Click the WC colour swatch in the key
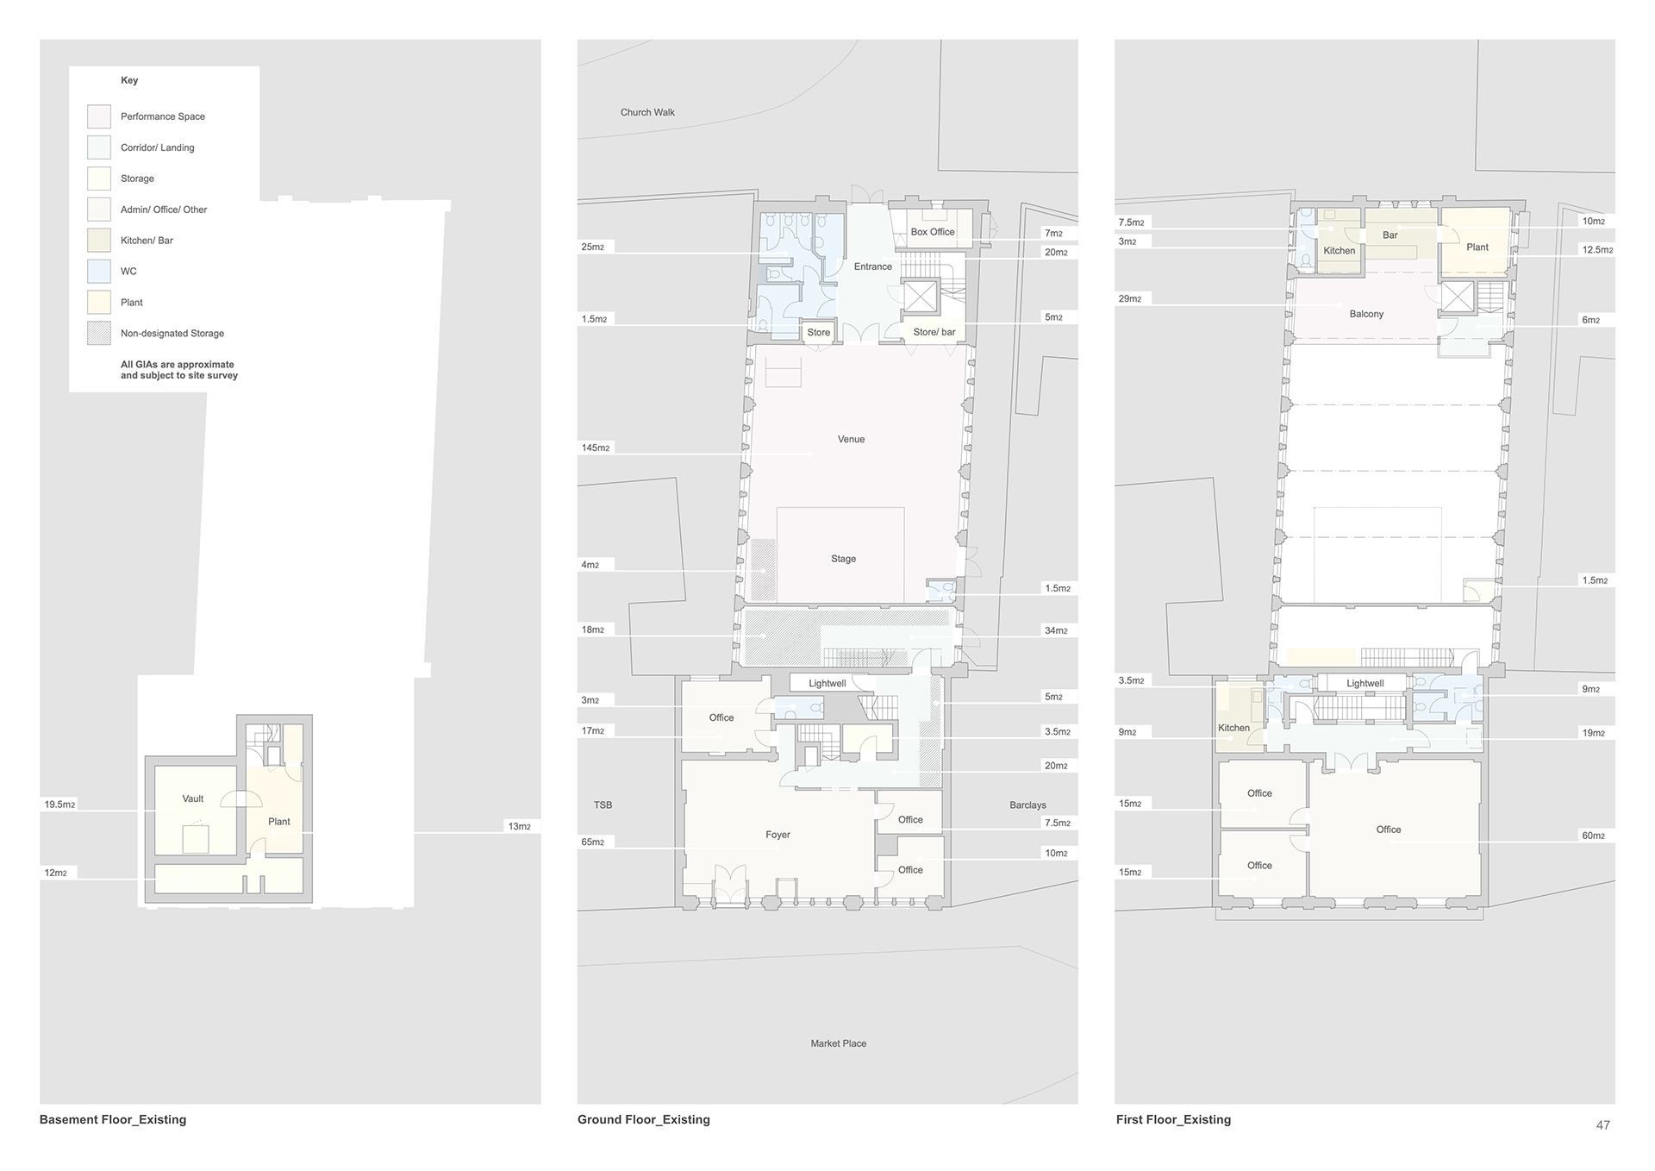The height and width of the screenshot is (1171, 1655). click(x=99, y=272)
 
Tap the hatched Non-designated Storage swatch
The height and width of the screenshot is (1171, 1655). click(x=99, y=334)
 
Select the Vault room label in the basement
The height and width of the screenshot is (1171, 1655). click(x=193, y=799)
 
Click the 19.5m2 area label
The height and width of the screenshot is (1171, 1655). click(x=60, y=805)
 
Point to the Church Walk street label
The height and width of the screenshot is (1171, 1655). click(x=647, y=112)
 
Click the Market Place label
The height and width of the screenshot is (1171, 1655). click(x=839, y=1043)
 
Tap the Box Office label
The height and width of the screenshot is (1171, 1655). click(x=933, y=232)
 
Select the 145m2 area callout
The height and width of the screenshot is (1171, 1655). click(x=596, y=448)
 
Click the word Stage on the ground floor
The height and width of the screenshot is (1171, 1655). click(x=844, y=559)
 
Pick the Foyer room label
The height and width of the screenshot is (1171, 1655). click(x=778, y=835)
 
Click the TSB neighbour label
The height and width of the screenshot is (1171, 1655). click(x=603, y=805)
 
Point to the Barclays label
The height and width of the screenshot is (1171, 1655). click(x=1027, y=805)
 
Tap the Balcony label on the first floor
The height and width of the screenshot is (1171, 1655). click(x=1366, y=314)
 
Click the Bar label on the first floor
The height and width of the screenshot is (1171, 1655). click(x=1390, y=235)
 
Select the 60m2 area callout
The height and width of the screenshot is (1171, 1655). click(x=1593, y=836)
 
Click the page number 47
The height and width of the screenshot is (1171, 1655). click(x=1603, y=1124)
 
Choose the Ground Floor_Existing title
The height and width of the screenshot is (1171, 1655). click(x=644, y=1119)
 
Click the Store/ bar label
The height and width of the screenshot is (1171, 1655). click(x=934, y=332)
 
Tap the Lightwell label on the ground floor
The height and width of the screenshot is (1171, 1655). click(x=827, y=684)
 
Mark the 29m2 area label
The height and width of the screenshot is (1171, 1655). click(x=1130, y=299)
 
